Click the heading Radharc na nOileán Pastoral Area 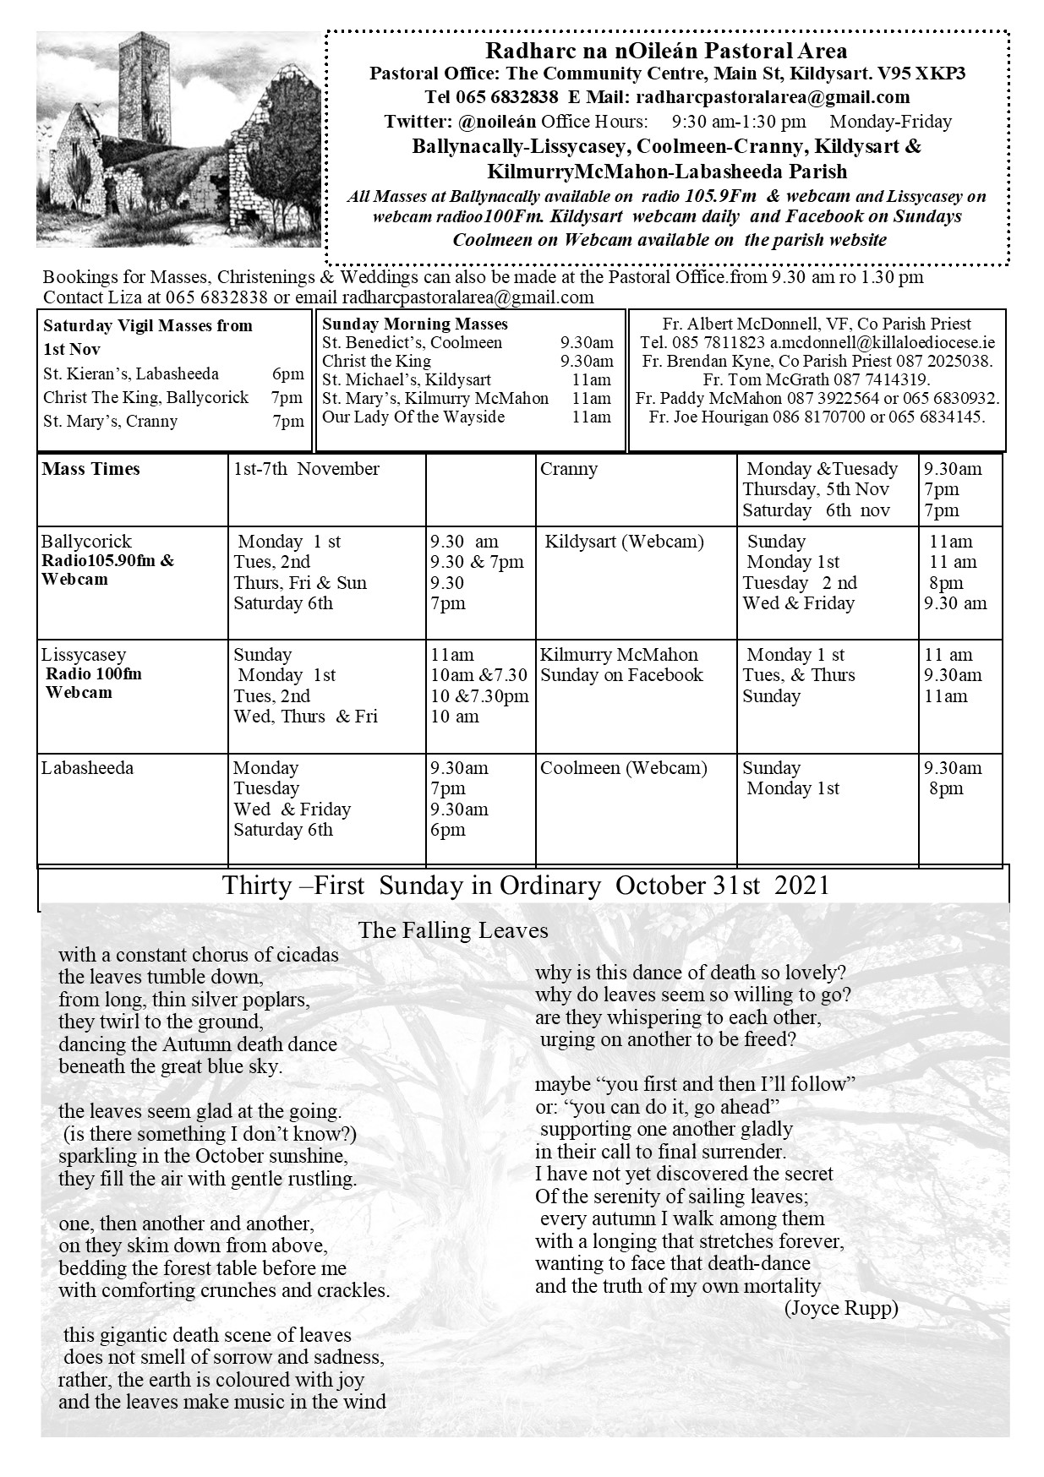(667, 52)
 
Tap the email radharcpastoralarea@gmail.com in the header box (773, 97)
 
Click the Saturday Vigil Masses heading (148, 325)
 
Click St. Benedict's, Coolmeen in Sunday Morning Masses (412, 342)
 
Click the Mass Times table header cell (91, 470)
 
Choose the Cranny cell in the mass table (569, 470)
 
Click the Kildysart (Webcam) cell (625, 542)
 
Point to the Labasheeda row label (87, 768)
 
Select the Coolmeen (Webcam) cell (624, 768)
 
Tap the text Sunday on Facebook (622, 675)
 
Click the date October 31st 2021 (723, 886)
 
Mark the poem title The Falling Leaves (453, 931)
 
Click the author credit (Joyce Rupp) (840, 1309)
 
